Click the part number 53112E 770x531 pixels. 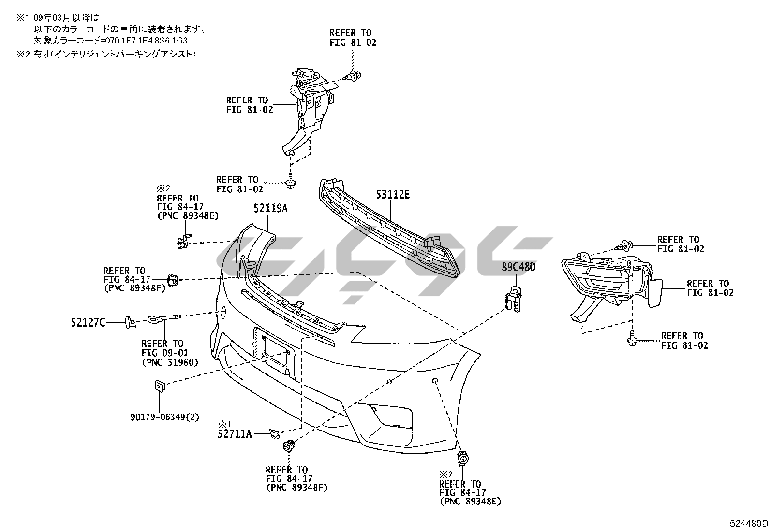393,195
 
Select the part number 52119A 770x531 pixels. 270,208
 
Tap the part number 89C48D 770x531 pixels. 518,267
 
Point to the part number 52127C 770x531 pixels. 88,322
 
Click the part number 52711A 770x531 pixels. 235,434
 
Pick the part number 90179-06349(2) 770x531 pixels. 164,417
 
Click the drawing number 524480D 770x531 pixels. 749,524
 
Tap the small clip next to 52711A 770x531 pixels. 274,433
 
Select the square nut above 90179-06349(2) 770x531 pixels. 160,385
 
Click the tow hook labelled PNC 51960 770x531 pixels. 163,317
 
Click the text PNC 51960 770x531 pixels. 170,362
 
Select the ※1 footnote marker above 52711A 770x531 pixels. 225,423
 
